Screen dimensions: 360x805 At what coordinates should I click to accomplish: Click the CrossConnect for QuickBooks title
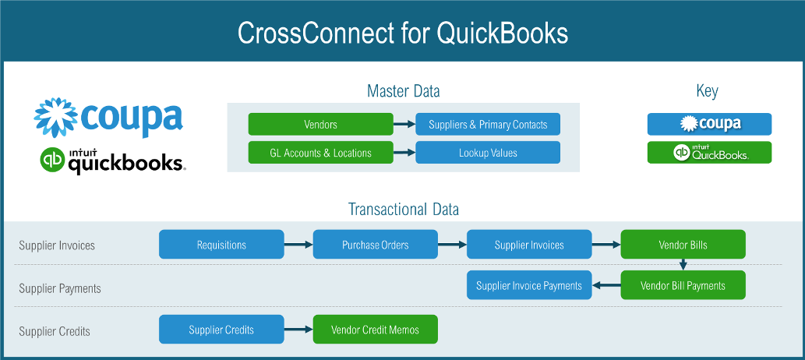point(402,32)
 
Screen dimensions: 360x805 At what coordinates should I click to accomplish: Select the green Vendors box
point(320,124)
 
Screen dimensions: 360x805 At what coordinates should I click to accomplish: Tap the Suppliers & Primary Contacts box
point(488,124)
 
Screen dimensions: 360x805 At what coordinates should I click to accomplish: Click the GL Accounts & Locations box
point(320,153)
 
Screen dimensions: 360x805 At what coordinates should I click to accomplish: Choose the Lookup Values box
point(488,153)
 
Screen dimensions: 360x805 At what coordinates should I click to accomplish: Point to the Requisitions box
point(221,245)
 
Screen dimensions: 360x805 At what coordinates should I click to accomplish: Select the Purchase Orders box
point(375,245)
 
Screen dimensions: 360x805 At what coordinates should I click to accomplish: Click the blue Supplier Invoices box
point(529,245)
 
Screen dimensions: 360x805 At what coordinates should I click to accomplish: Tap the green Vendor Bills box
point(683,245)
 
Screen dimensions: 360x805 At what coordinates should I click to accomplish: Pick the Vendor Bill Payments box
point(683,285)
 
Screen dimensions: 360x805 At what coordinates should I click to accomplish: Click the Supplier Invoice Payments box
point(529,285)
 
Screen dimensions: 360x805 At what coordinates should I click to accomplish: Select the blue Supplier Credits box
point(221,330)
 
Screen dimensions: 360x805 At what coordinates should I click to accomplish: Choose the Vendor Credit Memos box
point(375,330)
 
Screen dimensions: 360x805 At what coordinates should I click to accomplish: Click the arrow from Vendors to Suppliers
point(404,124)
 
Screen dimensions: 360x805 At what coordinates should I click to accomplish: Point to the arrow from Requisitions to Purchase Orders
point(298,245)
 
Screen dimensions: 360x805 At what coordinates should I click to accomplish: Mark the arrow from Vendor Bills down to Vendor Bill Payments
point(683,265)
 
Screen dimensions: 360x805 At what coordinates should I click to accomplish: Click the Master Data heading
point(403,91)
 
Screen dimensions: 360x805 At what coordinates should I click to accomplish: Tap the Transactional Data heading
point(403,209)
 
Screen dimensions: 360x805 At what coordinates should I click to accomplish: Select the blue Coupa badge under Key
point(709,124)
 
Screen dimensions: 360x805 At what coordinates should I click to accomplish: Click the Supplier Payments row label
point(60,288)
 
